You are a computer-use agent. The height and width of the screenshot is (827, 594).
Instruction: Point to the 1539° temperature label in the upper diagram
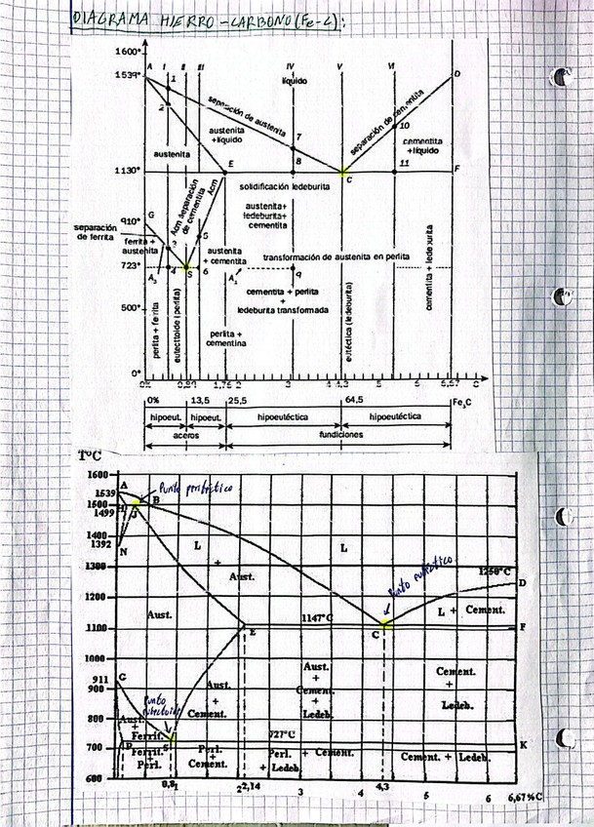[128, 75]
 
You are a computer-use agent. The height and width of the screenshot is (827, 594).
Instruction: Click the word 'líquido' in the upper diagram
[294, 80]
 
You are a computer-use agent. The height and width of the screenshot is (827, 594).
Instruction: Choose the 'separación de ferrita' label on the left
[95, 232]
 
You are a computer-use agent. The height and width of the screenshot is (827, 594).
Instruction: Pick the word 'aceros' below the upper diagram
[184, 435]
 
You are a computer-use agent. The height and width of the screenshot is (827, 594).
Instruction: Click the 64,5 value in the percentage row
[354, 400]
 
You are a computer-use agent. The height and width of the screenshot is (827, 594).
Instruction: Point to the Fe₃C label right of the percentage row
[462, 401]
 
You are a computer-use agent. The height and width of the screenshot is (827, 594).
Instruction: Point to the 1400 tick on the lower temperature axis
[98, 535]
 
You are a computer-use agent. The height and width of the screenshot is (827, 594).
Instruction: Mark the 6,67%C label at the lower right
[525, 798]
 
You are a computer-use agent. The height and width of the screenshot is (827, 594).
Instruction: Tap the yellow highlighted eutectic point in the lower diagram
[386, 623]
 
